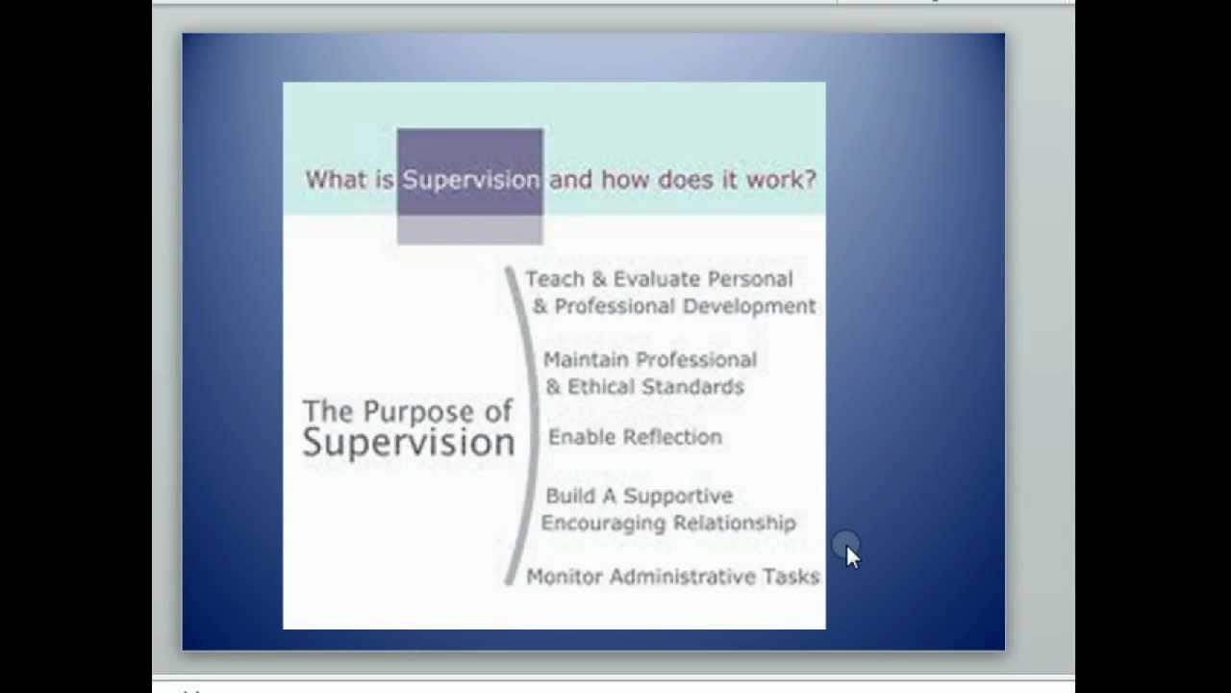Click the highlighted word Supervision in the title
470,180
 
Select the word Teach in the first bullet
553,279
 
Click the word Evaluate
656,279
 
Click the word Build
570,497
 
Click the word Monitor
564,577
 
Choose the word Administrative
682,577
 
